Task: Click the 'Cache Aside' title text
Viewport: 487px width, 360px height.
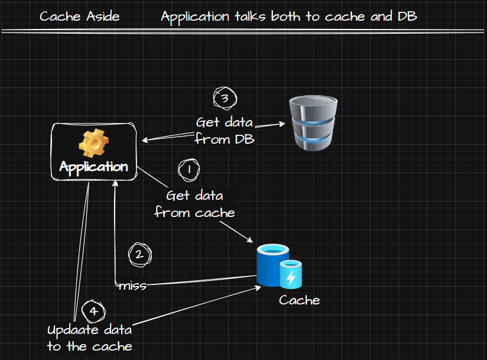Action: pyautogui.click(x=79, y=16)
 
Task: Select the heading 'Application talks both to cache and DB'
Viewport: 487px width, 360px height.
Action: pyautogui.click(x=288, y=16)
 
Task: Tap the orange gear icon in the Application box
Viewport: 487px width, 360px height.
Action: pyautogui.click(x=93, y=143)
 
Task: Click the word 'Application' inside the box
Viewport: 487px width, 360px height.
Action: pyautogui.click(x=93, y=167)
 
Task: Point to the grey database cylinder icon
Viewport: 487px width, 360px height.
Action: pyautogui.click(x=313, y=123)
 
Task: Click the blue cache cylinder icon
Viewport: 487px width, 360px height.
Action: pyautogui.click(x=270, y=266)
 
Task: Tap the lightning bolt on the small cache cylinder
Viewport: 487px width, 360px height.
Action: pyautogui.click(x=291, y=277)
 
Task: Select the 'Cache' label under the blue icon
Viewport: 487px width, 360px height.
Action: pyautogui.click(x=299, y=300)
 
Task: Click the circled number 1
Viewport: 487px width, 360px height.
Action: pyautogui.click(x=189, y=170)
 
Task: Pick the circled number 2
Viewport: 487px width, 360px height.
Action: pyautogui.click(x=139, y=255)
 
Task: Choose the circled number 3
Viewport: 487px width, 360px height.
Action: pyautogui.click(x=224, y=98)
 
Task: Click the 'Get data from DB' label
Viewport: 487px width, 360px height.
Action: pyautogui.click(x=224, y=131)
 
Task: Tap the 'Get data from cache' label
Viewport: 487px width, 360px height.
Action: pyautogui.click(x=194, y=204)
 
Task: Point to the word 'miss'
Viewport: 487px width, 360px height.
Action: pyautogui.click(x=132, y=286)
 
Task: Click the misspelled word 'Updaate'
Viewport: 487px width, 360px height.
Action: pyautogui.click(x=70, y=329)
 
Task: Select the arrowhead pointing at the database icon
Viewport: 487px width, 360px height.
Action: pyautogui.click(x=283, y=124)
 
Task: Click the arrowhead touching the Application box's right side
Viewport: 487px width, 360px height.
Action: pyautogui.click(x=144, y=141)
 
